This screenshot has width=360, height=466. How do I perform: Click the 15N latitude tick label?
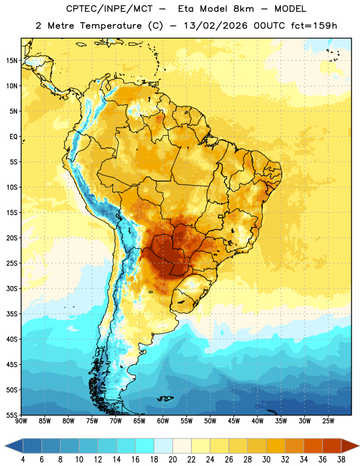12,61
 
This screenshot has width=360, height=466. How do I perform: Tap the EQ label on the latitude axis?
13,137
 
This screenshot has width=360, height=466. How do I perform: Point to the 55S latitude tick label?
12,415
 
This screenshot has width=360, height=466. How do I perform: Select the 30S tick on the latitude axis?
12,288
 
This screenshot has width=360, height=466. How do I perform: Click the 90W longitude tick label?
21,421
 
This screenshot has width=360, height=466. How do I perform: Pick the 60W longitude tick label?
163,421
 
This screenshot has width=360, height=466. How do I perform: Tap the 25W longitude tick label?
328,421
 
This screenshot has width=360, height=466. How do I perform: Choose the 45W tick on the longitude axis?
234,421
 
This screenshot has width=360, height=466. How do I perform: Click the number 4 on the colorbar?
23,460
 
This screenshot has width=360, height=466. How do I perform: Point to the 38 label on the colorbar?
341,460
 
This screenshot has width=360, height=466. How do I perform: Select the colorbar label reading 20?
172,460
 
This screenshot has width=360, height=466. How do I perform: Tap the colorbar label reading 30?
266,460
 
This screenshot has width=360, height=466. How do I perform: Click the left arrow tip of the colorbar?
5,446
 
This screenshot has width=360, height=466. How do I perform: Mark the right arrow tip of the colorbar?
359,446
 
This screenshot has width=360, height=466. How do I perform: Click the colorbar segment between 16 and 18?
145,446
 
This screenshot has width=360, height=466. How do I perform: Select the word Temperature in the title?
111,26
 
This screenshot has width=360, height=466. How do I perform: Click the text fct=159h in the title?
314,26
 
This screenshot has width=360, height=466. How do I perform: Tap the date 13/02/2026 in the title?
216,26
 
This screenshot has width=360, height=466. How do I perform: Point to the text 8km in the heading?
243,9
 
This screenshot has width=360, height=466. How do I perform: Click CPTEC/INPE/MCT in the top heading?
109,9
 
